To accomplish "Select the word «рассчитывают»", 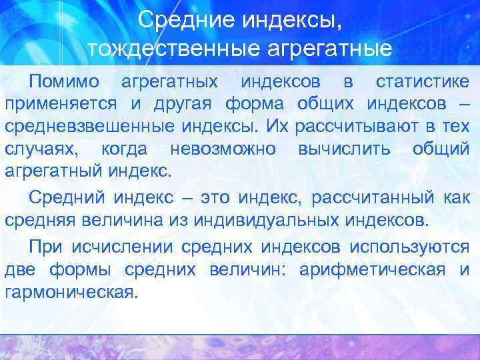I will (350, 126).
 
